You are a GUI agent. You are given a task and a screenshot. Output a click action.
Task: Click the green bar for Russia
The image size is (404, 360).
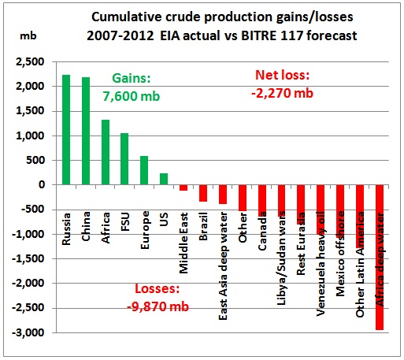[x=66, y=130]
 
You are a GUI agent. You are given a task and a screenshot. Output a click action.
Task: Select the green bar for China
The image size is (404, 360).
[x=86, y=131]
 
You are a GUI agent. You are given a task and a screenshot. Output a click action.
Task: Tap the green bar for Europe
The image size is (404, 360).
[x=144, y=170]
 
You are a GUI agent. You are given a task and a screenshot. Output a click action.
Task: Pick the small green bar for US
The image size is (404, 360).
[x=164, y=179]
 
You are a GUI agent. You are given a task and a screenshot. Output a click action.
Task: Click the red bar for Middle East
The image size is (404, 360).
[x=183, y=187]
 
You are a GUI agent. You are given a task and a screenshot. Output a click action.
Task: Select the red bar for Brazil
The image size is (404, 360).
[x=203, y=193]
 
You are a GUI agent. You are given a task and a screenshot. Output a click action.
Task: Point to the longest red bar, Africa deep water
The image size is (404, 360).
[x=380, y=258]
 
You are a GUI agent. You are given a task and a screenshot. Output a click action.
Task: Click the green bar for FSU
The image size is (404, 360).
[x=124, y=159]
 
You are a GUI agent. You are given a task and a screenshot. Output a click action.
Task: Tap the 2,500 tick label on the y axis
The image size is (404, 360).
[x=30, y=62]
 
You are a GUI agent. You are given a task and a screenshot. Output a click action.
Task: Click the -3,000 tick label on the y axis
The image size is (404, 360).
[x=28, y=332]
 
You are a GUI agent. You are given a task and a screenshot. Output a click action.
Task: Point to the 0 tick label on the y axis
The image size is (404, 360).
[x=42, y=185]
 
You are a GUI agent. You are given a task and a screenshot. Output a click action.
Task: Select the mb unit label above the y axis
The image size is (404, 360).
[x=28, y=35]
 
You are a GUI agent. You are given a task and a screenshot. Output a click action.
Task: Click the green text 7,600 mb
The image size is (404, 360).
[x=132, y=96]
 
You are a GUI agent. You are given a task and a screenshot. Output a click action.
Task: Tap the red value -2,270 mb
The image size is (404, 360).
[x=283, y=93]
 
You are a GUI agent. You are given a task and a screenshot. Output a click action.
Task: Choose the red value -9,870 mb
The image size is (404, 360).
[x=158, y=306]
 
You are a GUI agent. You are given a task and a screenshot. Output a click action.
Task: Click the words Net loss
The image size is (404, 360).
[x=281, y=75]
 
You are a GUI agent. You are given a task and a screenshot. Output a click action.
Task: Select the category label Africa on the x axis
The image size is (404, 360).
[x=106, y=228]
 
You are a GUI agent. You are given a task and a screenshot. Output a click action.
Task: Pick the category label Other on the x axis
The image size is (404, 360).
[x=243, y=228]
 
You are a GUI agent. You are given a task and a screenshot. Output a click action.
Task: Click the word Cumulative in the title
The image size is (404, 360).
[x=127, y=17]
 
